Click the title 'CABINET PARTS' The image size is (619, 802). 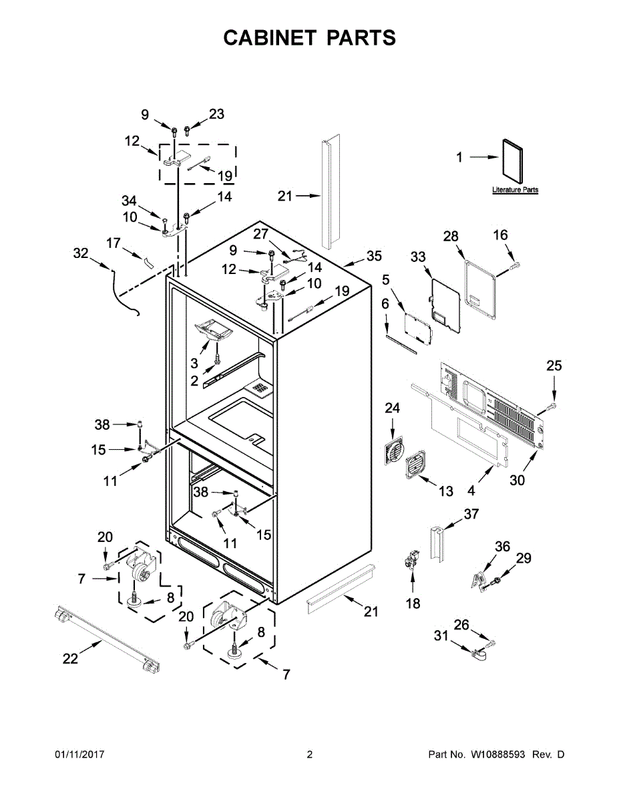pos(309,38)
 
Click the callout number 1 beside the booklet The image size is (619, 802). pos(459,158)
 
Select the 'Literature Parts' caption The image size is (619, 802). pos(515,190)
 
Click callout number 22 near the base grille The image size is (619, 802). pos(70,658)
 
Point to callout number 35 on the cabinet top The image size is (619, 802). pos(374,256)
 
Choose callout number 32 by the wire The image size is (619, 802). pos(81,253)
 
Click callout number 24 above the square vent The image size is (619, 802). pos(392,407)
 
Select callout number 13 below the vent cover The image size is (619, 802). pos(446,491)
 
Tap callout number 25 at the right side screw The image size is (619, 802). pos(554,366)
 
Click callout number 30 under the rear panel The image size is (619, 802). pos(518,479)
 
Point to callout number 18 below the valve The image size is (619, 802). pos(413,604)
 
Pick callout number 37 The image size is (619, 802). pos(471,513)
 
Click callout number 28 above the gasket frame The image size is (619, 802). pos(451,236)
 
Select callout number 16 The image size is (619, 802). pos(500,235)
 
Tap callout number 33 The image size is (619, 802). pos(418,257)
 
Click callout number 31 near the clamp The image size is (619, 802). pos(441,636)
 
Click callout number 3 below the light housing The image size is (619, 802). pos(194,363)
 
